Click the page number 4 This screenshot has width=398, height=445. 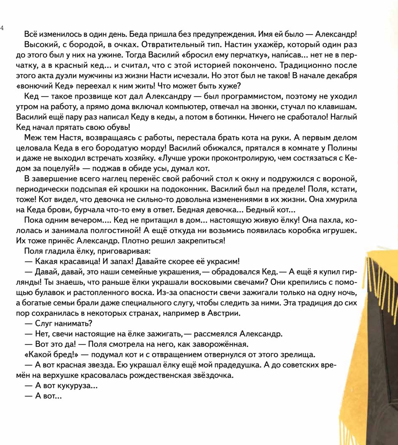2,28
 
